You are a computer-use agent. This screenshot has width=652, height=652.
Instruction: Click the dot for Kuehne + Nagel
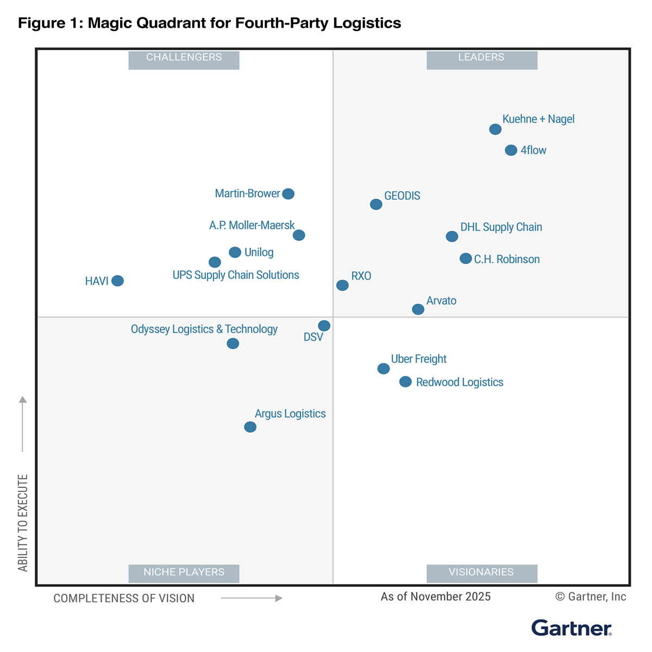tap(495, 129)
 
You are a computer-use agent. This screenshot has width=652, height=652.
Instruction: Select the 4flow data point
tap(511, 150)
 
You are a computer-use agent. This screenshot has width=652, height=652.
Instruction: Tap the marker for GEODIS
tap(376, 204)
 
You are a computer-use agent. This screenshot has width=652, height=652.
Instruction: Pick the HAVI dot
tap(117, 281)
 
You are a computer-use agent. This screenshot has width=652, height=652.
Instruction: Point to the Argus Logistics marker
tap(250, 427)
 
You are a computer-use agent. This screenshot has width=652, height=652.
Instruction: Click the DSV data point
tap(324, 326)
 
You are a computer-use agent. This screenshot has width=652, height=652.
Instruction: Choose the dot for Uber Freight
tap(384, 369)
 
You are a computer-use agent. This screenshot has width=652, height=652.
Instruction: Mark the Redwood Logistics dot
tap(405, 382)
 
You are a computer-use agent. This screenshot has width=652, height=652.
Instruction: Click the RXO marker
tap(342, 285)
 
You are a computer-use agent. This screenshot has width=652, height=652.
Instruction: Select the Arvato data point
tap(418, 309)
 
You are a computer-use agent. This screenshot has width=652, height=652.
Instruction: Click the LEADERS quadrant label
tap(481, 58)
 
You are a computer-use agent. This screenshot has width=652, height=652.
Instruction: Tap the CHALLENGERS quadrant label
tap(184, 58)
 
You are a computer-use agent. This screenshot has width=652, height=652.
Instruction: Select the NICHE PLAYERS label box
tap(184, 572)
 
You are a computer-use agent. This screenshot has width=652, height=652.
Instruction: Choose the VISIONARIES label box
tap(481, 572)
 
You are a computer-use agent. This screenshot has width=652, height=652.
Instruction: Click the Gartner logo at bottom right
tap(572, 628)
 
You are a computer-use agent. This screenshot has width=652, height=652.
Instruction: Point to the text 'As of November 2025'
tap(435, 597)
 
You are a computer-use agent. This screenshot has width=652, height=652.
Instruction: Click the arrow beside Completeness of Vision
tap(252, 598)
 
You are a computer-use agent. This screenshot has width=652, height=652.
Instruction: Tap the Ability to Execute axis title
tap(23, 523)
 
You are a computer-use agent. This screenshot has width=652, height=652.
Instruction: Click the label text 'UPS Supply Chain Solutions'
tap(236, 275)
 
